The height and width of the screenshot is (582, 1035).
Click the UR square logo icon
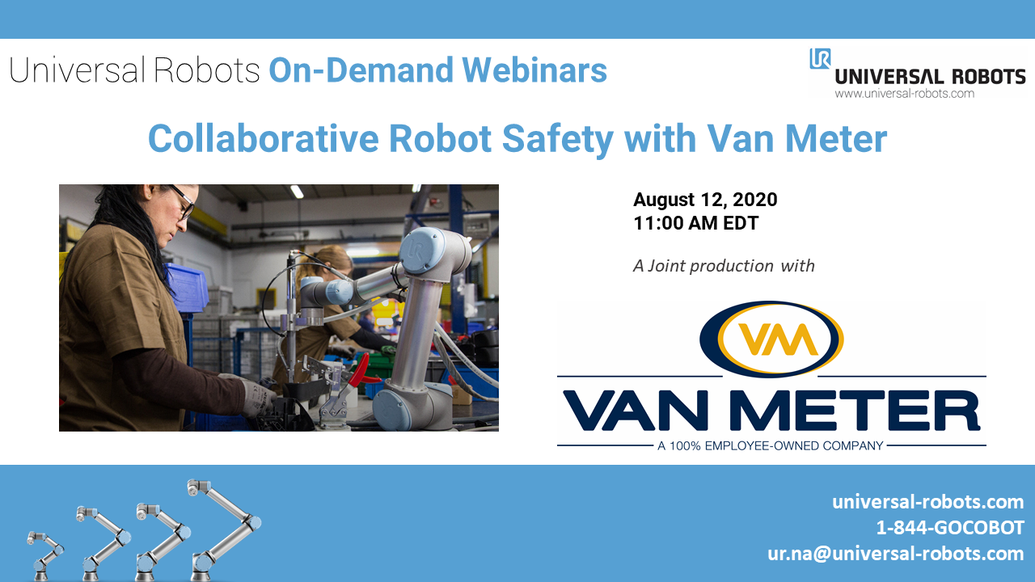pos(820,58)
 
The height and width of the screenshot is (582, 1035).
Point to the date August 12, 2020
pos(705,200)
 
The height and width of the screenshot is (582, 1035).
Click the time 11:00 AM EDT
pos(696,223)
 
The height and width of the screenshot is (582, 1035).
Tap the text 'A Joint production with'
pos(724,265)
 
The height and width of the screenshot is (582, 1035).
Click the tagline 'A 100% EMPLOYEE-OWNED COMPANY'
pos(771,445)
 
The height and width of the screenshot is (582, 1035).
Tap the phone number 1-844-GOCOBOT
pos(950,528)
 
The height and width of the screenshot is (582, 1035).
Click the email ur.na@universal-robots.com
pos(896,554)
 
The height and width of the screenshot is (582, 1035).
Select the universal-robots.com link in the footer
pos(928,502)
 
